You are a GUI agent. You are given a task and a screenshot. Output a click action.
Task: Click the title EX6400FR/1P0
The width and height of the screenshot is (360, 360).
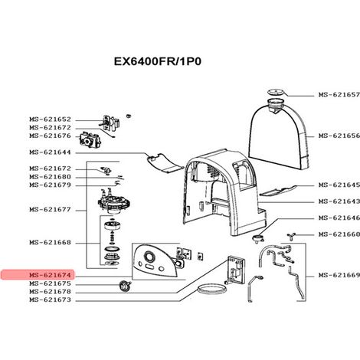pyautogui.click(x=158, y=61)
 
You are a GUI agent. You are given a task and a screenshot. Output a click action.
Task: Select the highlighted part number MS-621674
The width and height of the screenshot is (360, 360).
pyautogui.click(x=50, y=275)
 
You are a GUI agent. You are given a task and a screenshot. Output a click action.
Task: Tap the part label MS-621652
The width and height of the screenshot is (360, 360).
pyautogui.click(x=50, y=119)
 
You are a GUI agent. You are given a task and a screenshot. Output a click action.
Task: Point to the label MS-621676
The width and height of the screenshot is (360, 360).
pyautogui.click(x=50, y=136)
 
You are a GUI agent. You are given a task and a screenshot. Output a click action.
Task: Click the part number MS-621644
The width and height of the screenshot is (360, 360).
pyautogui.click(x=50, y=152)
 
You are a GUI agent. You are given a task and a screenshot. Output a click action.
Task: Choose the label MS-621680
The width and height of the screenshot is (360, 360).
pyautogui.click(x=50, y=177)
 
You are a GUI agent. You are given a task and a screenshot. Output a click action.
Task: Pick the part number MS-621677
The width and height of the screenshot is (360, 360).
pyautogui.click(x=50, y=210)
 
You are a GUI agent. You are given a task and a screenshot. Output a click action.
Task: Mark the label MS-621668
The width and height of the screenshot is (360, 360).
pyautogui.click(x=50, y=242)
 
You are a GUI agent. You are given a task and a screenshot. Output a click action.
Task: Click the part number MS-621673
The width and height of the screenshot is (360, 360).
pyautogui.click(x=50, y=299)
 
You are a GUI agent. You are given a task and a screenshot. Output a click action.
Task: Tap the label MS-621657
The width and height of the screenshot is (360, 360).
pyautogui.click(x=339, y=95)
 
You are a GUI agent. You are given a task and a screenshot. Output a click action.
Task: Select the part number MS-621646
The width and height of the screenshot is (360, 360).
pyautogui.click(x=339, y=218)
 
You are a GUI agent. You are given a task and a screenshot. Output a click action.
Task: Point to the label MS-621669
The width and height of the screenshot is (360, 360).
pyautogui.click(x=339, y=275)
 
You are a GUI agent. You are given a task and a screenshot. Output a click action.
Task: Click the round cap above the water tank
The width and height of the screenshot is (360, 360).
pyautogui.click(x=276, y=92)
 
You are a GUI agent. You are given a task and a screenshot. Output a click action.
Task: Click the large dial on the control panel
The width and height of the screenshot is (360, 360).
pyautogui.click(x=149, y=256)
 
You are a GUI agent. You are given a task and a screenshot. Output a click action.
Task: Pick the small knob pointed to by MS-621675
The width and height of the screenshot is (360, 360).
pyautogui.click(x=125, y=285)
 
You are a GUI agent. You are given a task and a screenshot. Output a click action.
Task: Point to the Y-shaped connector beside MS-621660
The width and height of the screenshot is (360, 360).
pyautogui.click(x=291, y=236)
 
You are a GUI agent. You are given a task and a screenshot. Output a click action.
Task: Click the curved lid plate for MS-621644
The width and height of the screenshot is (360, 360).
pyautogui.click(x=165, y=163)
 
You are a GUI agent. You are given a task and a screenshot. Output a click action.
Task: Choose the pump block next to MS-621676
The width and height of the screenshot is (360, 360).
pyautogui.click(x=90, y=140)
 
